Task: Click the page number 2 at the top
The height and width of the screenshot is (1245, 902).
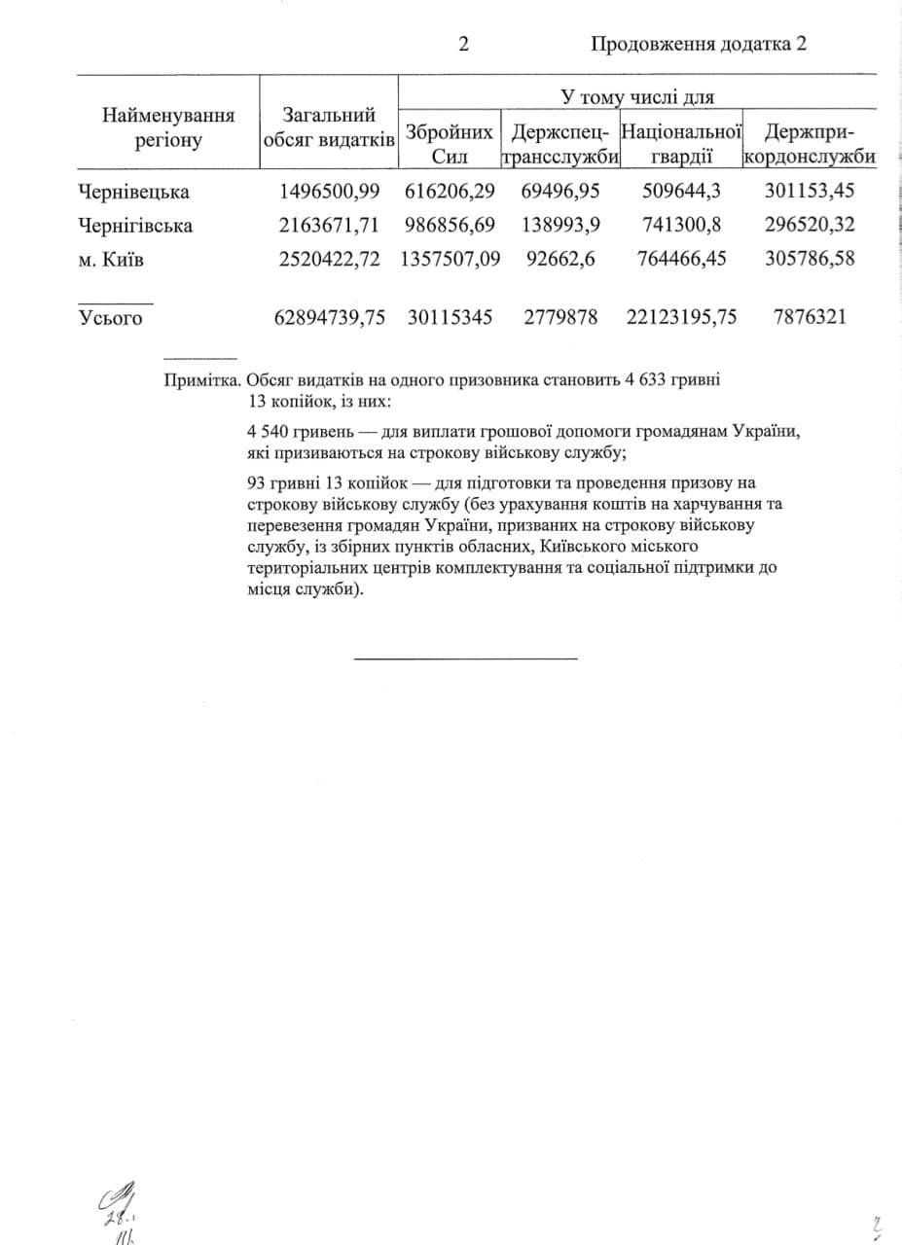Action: pos(464,44)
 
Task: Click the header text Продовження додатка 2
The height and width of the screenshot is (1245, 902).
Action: pos(699,44)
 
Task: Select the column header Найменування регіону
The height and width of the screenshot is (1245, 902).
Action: pos(168,127)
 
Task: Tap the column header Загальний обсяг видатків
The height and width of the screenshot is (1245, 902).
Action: pos(329,127)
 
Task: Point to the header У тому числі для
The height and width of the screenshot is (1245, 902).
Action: pos(637,96)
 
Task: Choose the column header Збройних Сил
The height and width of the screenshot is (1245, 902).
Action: pos(449,143)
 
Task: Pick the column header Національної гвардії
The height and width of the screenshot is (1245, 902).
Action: pos(681,143)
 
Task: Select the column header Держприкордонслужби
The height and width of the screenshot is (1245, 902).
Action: pos(811,143)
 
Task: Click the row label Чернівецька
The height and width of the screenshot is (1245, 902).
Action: pos(133,191)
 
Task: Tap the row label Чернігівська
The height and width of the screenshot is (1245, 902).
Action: pos(135,226)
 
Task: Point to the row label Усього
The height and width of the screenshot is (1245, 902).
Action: pos(110,317)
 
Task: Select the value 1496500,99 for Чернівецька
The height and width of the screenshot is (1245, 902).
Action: pos(329,191)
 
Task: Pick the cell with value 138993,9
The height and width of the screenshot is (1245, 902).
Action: pos(561,226)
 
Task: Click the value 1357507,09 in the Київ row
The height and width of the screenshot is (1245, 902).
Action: pos(450,260)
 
